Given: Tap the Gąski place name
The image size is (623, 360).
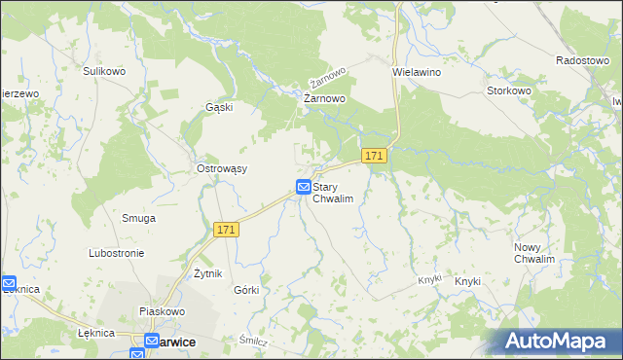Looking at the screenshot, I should (218, 107).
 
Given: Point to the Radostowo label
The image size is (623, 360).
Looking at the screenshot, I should (582, 59).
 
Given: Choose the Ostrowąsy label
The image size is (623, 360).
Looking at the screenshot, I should (222, 168).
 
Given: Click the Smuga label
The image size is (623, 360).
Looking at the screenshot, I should (138, 218).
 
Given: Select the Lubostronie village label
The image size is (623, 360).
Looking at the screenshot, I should (116, 253).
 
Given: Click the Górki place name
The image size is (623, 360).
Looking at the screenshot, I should (246, 290).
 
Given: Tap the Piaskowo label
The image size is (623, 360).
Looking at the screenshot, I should (162, 311).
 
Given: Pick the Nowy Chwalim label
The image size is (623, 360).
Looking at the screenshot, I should (534, 253).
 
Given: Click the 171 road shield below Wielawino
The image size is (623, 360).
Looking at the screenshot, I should (375, 156).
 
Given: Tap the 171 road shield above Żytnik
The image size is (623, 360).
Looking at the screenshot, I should (226, 230).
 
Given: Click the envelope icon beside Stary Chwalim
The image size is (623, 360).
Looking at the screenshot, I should (304, 186).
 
